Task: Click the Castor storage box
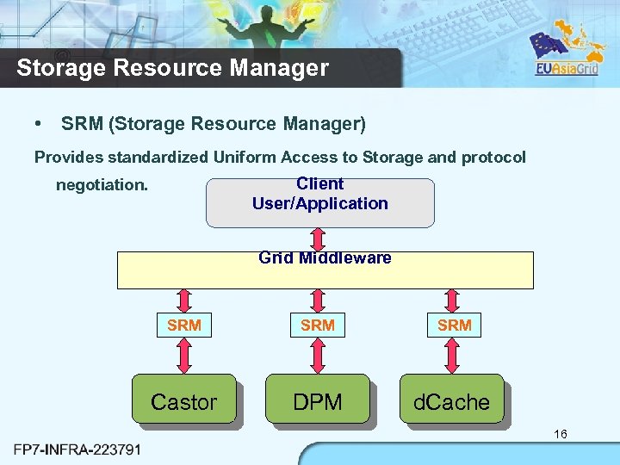pyautogui.click(x=183, y=400)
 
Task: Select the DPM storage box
pyautogui.click(x=317, y=400)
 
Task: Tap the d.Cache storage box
pyautogui.click(x=451, y=400)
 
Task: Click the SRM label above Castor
pyautogui.click(x=184, y=325)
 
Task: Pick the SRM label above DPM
pyautogui.click(x=318, y=325)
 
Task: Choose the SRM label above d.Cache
pyautogui.click(x=455, y=325)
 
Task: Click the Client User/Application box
pyautogui.click(x=320, y=203)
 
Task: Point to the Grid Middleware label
pyautogui.click(x=325, y=258)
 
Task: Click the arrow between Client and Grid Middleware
pyautogui.click(x=318, y=239)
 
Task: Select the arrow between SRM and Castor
pyautogui.click(x=184, y=355)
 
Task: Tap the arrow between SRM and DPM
pyautogui.click(x=318, y=355)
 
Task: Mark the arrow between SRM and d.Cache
pyautogui.click(x=453, y=355)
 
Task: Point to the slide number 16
pyautogui.click(x=560, y=434)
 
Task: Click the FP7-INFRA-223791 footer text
pyautogui.click(x=78, y=449)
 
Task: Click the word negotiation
pyautogui.click(x=102, y=185)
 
